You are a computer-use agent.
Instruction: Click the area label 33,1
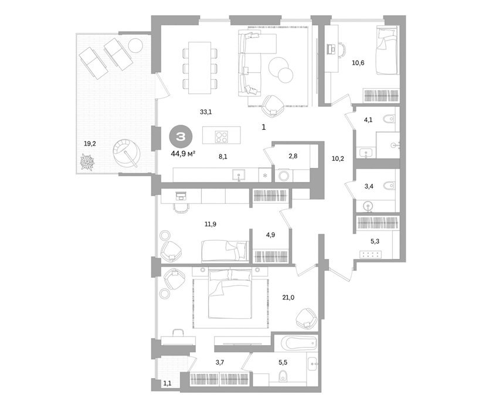pos(206,112)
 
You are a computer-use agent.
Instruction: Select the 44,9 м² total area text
pos(183,154)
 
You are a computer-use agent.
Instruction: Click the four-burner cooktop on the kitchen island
pos(221,137)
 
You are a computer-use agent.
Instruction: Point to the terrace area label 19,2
pos(90,143)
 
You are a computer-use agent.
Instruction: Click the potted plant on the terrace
pos(87,162)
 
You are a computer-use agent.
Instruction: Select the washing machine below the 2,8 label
pos(284,176)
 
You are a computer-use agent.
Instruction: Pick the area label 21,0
pos(288,298)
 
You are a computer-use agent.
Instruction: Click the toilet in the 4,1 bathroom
pos(389,119)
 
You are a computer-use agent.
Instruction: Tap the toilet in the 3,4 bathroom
pos(389,186)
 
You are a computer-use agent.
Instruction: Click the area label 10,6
pos(358,63)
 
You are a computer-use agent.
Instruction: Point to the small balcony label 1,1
pos(167,383)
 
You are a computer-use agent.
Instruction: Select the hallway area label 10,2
pos(338,159)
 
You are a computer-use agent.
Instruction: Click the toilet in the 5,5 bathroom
pos(283,376)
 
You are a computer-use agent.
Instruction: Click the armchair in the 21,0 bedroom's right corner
pos(307,319)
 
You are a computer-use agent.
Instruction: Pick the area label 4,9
pos(271,235)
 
